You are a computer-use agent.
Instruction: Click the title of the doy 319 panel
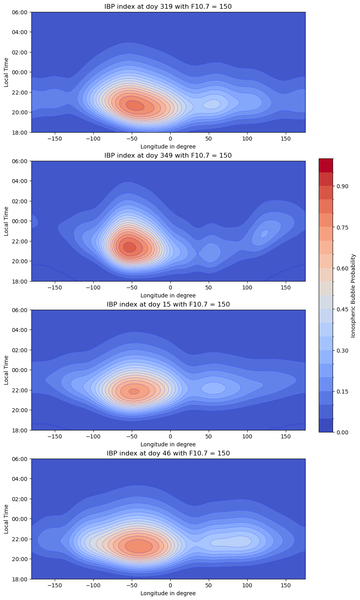coord(168,6)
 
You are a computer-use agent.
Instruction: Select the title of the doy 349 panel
coord(168,155)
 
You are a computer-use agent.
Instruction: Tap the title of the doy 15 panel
coord(168,304)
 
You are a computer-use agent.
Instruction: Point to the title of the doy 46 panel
coord(168,453)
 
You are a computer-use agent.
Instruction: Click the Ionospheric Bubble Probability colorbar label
coord(353,295)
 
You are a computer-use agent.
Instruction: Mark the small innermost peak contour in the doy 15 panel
coord(134,391)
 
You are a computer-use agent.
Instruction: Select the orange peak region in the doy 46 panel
coord(139,546)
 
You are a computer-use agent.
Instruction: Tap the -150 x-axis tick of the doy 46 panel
coord(54,585)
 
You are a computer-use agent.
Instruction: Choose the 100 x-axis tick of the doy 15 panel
coord(247,436)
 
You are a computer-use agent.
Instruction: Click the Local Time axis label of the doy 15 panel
coord(6,370)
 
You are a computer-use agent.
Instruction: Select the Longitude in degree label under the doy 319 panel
coord(168,147)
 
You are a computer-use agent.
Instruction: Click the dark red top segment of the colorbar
coord(326,165)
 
